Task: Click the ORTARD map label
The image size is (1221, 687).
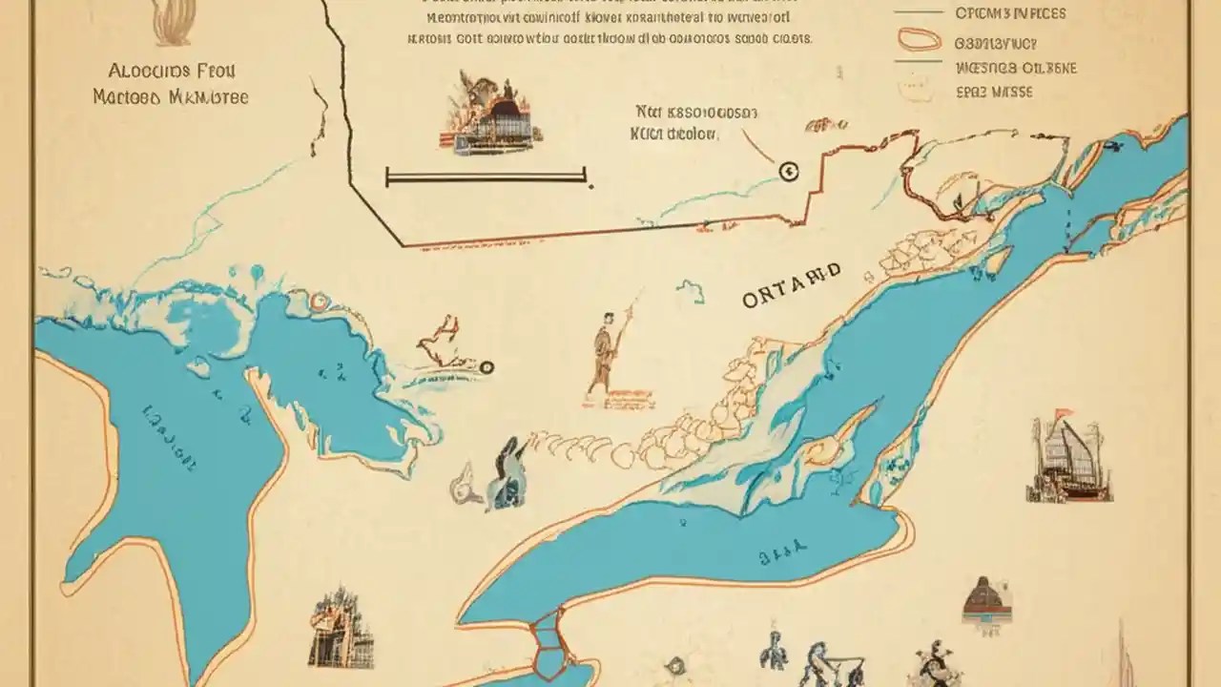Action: click(x=792, y=285)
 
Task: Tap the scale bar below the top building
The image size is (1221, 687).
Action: click(x=486, y=177)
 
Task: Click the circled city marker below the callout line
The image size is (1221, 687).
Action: click(x=789, y=172)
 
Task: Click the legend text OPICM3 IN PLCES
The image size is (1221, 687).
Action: click(x=1010, y=13)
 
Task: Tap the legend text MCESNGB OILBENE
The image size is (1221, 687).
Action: click(x=1016, y=68)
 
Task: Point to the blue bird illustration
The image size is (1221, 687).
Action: click(x=505, y=473)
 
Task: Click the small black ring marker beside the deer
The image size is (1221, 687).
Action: click(x=486, y=366)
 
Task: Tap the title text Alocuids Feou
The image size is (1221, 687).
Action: click(x=172, y=72)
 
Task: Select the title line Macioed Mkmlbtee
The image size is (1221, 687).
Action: click(x=171, y=97)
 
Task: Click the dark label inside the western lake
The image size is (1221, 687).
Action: click(x=172, y=438)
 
